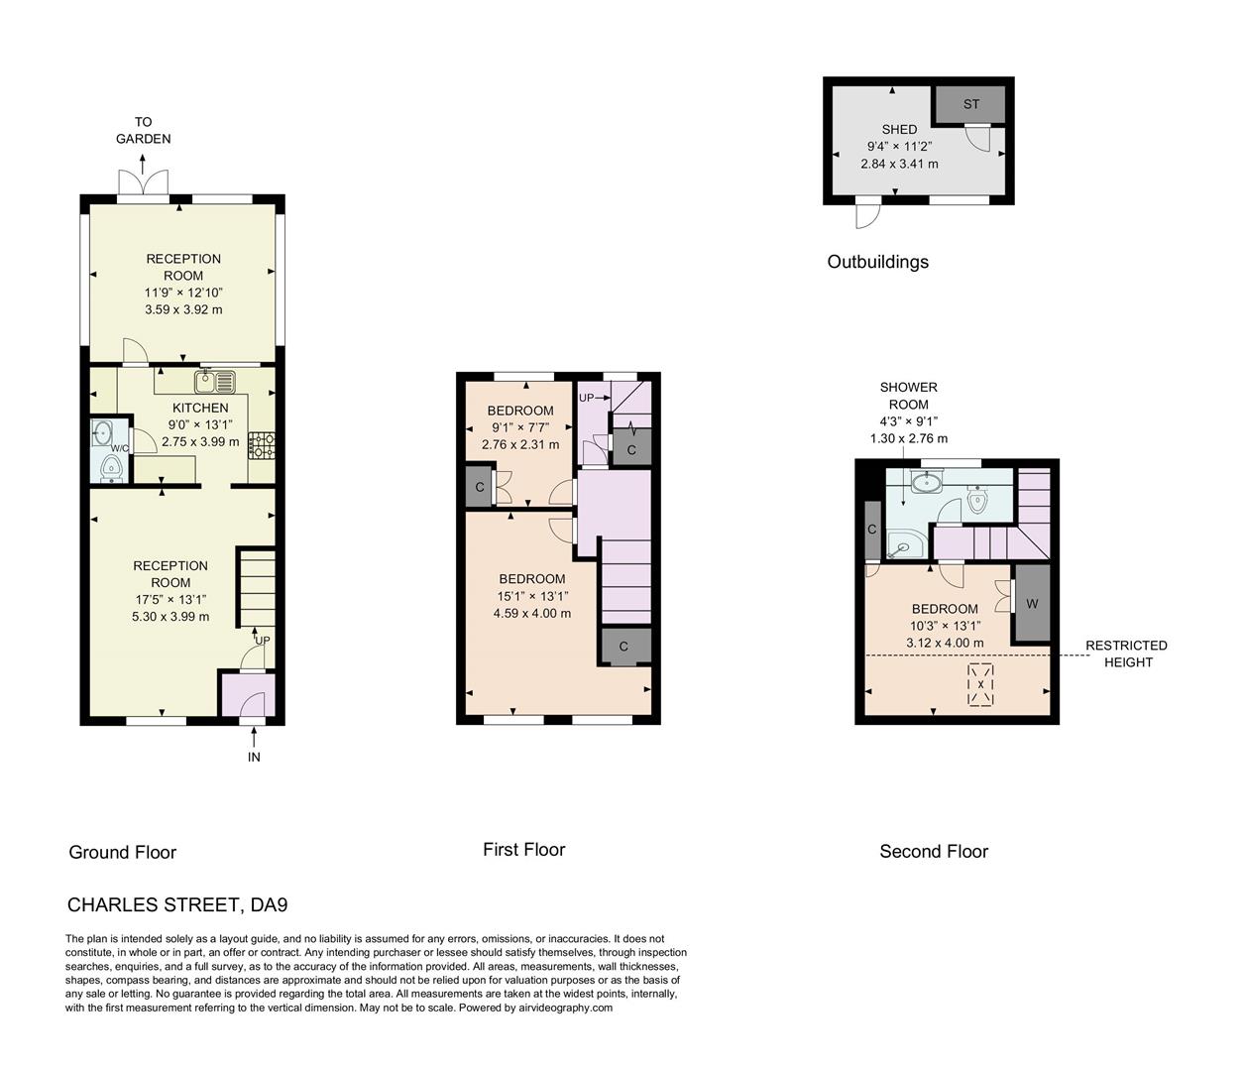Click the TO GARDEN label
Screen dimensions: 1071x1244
[144, 131]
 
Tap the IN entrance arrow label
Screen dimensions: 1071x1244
[254, 757]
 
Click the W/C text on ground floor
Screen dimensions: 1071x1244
[119, 448]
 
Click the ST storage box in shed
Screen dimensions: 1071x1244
[970, 104]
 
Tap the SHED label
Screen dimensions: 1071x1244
[899, 129]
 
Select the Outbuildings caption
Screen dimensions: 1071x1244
[877, 262]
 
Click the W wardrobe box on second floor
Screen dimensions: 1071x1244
[1031, 603]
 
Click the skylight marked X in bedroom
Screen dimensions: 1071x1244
[980, 685]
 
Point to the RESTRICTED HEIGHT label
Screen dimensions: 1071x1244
[1126, 654]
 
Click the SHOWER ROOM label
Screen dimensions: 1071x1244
[908, 396]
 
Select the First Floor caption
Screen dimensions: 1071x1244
[523, 849]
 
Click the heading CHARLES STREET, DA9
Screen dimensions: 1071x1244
[176, 904]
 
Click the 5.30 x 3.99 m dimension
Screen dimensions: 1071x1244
[170, 616]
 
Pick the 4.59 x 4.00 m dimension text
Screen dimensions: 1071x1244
[531, 613]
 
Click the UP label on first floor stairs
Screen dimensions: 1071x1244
[586, 398]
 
